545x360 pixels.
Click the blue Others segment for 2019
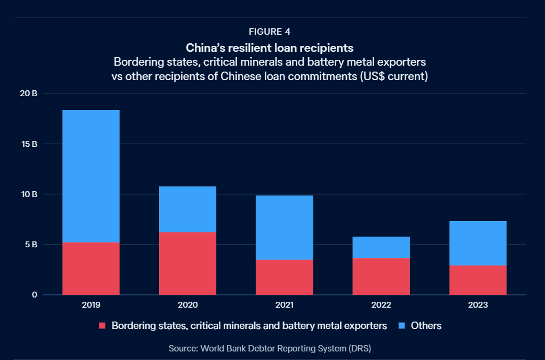[91, 176]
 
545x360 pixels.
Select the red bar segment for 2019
[91, 268]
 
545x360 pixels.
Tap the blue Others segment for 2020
[187, 209]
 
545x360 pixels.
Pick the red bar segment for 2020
[187, 263]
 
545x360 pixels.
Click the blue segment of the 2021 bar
[285, 228]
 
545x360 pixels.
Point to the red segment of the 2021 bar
[285, 277]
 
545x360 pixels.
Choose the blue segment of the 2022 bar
[381, 247]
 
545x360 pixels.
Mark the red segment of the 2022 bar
[381, 276]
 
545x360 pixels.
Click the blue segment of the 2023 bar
[478, 243]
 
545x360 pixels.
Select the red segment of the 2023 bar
[478, 280]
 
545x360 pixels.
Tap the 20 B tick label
[29, 93]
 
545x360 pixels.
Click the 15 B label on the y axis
[29, 144]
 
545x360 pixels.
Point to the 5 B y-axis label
[31, 245]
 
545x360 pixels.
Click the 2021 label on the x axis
[285, 306]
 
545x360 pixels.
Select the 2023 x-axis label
[478, 306]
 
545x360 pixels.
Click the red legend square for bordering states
[102, 325]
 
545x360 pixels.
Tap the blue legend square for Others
[401, 325]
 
